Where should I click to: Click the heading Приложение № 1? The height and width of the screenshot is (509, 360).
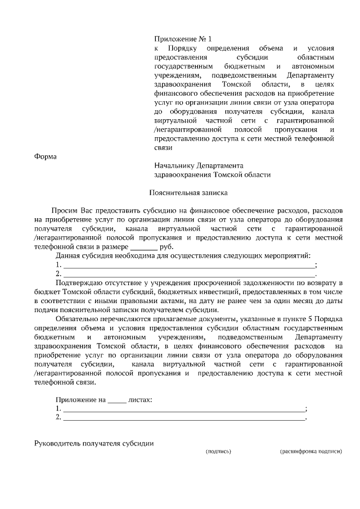pyautogui.click(x=183, y=39)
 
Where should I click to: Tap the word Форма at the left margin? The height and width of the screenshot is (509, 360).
pyautogui.click(x=46, y=156)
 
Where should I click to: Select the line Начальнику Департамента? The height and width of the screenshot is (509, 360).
pyautogui.click(x=198, y=166)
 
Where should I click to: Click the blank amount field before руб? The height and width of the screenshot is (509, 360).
pyautogui.click(x=144, y=247)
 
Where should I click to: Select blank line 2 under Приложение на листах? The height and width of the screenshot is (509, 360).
pyautogui.click(x=183, y=418)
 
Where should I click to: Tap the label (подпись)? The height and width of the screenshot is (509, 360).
pyautogui.click(x=219, y=451)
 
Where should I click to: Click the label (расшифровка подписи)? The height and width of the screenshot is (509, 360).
pyautogui.click(x=310, y=451)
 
